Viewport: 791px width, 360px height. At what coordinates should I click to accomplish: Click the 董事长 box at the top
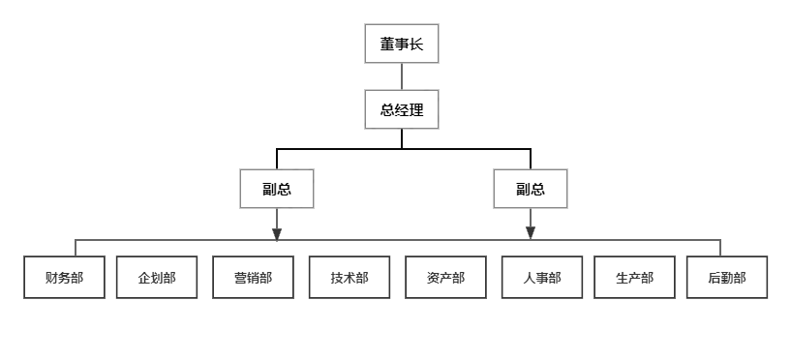point(402,44)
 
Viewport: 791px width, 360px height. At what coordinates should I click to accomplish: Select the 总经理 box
point(402,109)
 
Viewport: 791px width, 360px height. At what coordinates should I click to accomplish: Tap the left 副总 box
point(277,189)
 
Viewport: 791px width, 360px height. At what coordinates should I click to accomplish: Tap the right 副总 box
point(530,189)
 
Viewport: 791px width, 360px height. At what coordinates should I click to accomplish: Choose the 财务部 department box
point(64,278)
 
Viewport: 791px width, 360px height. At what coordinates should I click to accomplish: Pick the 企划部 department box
point(157,278)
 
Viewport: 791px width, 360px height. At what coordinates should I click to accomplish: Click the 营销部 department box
point(253,278)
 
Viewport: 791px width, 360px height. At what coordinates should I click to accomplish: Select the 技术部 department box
point(350,278)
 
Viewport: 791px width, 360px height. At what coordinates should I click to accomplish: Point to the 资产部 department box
point(445,278)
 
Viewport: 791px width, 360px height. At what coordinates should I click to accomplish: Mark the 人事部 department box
point(541,278)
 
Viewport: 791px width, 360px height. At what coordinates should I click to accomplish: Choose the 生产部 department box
point(634,278)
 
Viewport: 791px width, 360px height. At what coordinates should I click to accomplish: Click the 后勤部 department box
point(727,278)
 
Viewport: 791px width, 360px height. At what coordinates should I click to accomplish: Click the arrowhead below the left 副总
point(277,233)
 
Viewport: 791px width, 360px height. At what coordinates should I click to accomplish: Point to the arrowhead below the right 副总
point(530,233)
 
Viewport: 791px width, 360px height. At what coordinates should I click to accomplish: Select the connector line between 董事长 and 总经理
point(402,76)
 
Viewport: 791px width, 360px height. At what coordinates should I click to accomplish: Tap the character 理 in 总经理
point(416,109)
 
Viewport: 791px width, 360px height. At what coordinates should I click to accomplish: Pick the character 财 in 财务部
point(51,278)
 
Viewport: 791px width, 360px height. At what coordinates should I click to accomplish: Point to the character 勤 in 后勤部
point(727,278)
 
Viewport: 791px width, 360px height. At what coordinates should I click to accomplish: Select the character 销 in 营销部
point(253,278)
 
